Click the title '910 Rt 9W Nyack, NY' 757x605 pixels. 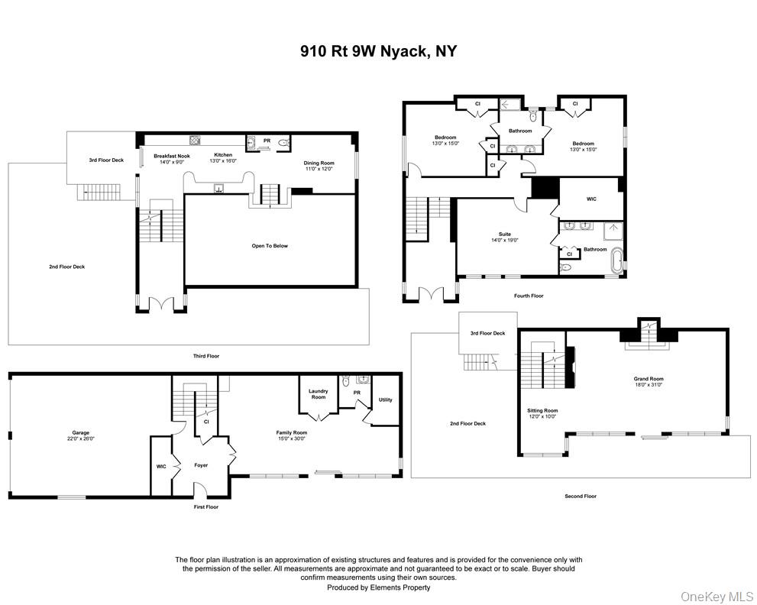click(378, 52)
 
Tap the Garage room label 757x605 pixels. click(79, 435)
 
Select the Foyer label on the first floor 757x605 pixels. click(201, 464)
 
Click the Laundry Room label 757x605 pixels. click(318, 394)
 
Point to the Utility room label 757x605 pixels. click(386, 400)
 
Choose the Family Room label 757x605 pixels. click(292, 435)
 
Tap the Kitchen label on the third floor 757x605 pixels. click(223, 157)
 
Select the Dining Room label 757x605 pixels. click(319, 165)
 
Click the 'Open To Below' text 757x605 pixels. click(270, 246)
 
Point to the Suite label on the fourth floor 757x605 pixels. click(505, 237)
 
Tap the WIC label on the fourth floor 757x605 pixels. click(591, 199)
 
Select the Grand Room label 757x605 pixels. click(649, 381)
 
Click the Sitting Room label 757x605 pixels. click(542, 413)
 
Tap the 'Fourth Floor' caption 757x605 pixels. click(527, 296)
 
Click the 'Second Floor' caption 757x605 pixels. click(581, 496)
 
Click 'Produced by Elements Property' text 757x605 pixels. click(378, 587)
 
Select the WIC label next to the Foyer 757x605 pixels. click(161, 466)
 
